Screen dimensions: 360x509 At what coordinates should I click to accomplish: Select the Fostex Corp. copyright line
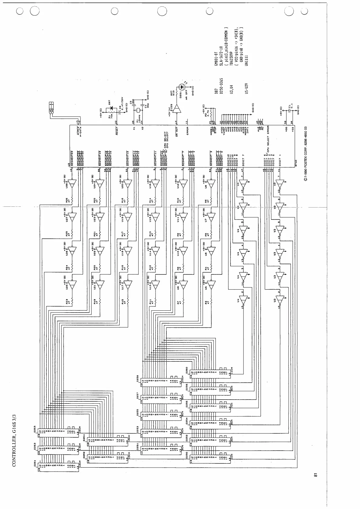click(306, 154)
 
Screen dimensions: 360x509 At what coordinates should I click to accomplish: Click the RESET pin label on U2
click(117, 131)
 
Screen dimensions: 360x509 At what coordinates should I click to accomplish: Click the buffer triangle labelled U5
click(211, 284)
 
